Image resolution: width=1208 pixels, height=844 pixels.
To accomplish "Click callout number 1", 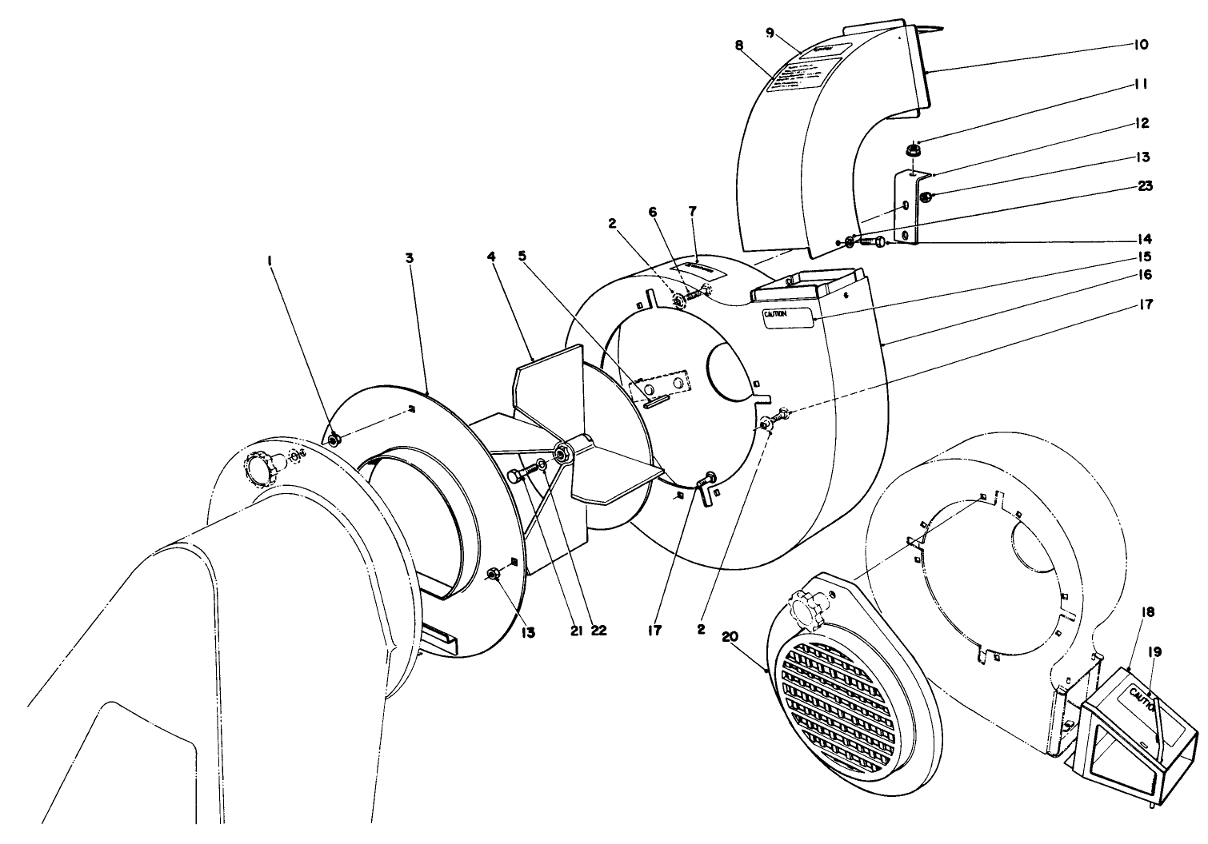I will (x=271, y=261).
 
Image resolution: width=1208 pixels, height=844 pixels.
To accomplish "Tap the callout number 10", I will (x=1141, y=45).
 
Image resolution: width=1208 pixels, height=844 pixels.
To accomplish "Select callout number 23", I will (x=1144, y=186).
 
